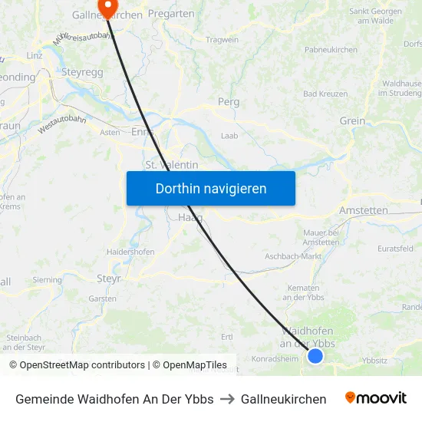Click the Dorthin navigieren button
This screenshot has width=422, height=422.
click(211, 188)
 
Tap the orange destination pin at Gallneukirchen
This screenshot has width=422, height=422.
click(108, 6)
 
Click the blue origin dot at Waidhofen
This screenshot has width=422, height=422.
click(315, 356)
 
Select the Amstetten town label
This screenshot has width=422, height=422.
click(364, 210)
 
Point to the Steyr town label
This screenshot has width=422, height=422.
click(109, 279)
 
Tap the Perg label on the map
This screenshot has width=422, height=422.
click(229, 101)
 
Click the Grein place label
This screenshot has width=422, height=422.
click(352, 120)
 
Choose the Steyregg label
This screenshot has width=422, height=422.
click(82, 71)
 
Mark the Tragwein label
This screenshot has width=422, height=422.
click(223, 40)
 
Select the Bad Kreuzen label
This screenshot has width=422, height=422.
click(326, 94)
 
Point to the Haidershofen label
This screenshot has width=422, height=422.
click(130, 252)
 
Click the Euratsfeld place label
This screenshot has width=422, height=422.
click(396, 249)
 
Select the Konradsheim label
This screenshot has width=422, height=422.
click(273, 358)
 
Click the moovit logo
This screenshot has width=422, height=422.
click(376, 398)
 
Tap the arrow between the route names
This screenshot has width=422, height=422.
click(227, 399)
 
